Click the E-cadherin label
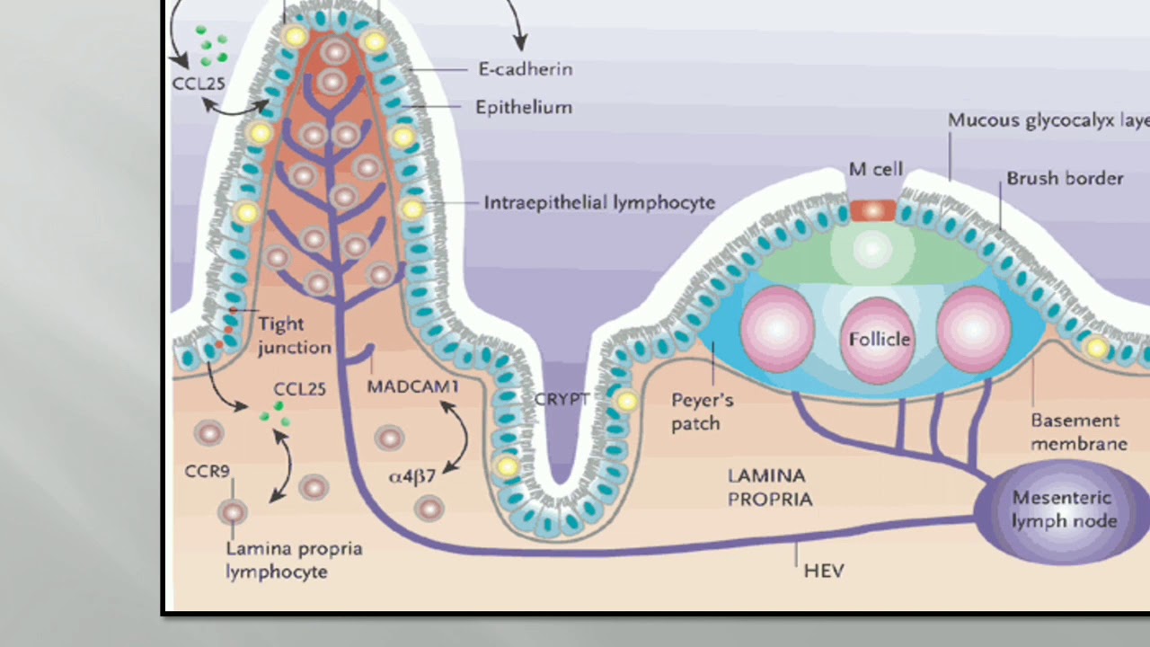click(x=525, y=69)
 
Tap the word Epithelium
click(x=523, y=108)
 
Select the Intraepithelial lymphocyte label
click(x=599, y=202)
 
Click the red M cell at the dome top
click(x=872, y=210)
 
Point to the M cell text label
click(x=875, y=170)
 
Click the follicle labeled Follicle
click(x=879, y=340)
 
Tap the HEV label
click(x=823, y=570)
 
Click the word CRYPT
click(x=562, y=399)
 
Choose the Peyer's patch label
click(x=703, y=412)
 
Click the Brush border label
click(x=1065, y=178)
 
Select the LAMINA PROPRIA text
click(x=769, y=487)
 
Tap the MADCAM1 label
click(x=412, y=387)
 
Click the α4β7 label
click(x=411, y=476)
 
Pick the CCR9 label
click(x=208, y=471)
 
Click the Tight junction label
click(x=294, y=335)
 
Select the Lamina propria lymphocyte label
click(x=293, y=559)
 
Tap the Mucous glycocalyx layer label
click(x=1048, y=120)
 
